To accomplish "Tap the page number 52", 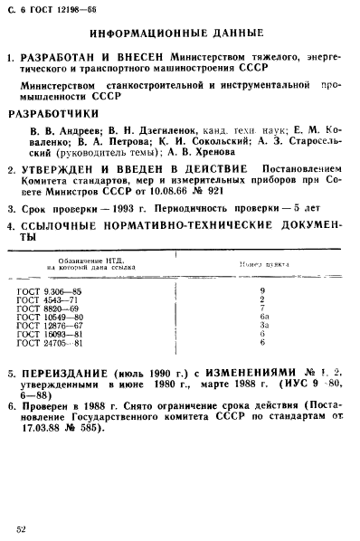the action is tap(20, 524).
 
